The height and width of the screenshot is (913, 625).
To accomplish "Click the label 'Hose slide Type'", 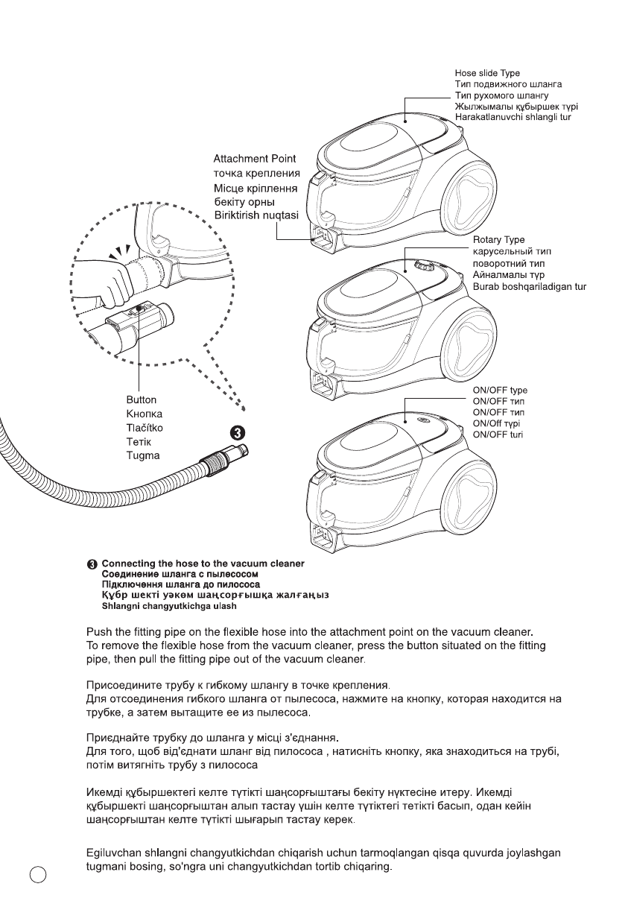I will tap(487, 73).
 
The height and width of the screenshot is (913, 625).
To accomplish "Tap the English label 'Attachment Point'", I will tap(254, 159).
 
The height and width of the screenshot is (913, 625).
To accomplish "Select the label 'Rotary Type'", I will tap(499, 240).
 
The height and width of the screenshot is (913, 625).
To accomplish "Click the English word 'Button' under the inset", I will tap(141, 400).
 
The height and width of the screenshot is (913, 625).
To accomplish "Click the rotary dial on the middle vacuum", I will tap(422, 265).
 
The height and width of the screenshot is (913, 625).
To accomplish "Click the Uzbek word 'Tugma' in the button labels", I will tap(142, 455).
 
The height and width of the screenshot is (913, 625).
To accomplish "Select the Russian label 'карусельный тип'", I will tap(511, 252).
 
